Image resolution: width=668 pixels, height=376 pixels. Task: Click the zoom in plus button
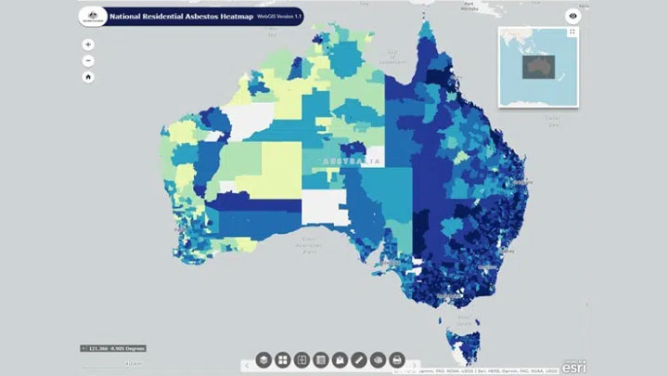point(87,44)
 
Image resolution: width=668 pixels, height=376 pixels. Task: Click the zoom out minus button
point(87,60)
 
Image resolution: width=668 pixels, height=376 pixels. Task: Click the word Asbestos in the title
point(199,17)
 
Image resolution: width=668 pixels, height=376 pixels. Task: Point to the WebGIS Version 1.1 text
point(282,17)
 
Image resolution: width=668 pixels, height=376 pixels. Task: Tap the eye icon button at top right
point(573,16)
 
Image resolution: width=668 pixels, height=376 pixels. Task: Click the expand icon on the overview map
point(572,32)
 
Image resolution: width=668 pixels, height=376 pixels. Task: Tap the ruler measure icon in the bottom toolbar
point(358,358)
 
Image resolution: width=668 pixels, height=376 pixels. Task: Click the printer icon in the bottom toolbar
point(397,358)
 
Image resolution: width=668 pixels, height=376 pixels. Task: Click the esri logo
point(573,365)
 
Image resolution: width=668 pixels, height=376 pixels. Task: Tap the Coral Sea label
point(554,118)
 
